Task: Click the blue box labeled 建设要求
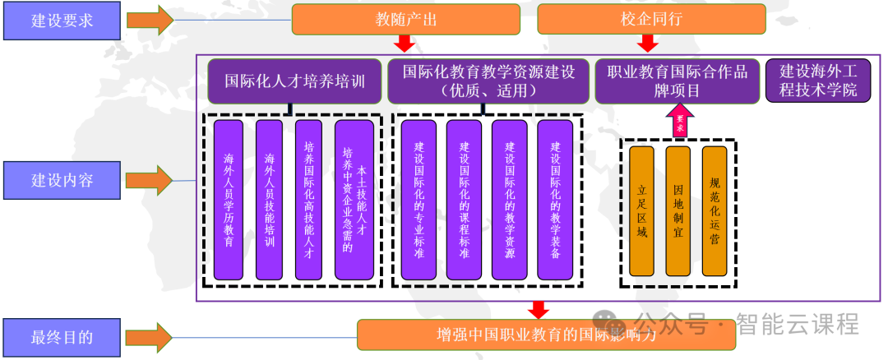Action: coord(62,21)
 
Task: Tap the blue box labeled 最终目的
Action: coord(62,336)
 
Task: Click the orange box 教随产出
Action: coord(405,19)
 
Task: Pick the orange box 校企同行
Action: coord(651,19)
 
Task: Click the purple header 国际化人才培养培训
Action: coord(294,81)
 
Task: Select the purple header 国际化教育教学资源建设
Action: coord(488,81)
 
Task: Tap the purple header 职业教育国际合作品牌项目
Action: coord(677,81)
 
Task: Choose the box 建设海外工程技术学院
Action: coord(817,81)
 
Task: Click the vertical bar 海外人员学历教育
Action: coord(229,200)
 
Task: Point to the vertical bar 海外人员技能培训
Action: coord(270,200)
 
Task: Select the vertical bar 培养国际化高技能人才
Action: coord(308,200)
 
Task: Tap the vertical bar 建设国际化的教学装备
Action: coord(555,200)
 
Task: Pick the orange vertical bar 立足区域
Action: coord(641,211)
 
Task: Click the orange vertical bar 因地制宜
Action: coord(678,211)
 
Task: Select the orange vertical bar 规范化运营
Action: coord(715,211)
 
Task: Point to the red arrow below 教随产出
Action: coord(405,44)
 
